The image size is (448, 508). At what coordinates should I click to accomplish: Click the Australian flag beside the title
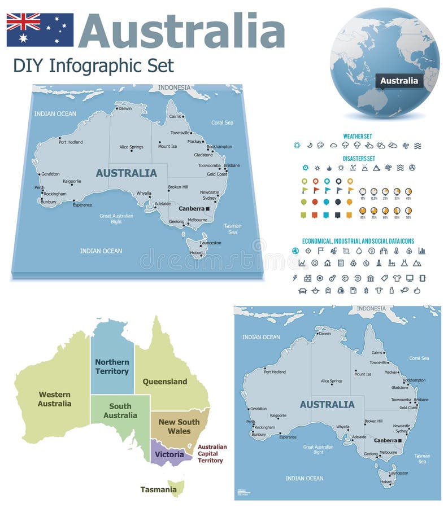(40, 29)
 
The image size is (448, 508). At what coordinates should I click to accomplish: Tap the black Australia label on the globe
(399, 81)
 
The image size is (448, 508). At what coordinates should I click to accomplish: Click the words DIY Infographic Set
(93, 65)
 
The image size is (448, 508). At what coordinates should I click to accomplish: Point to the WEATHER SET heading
(358, 136)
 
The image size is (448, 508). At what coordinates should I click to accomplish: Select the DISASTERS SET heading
(359, 159)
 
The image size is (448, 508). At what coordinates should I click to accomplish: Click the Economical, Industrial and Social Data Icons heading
(358, 241)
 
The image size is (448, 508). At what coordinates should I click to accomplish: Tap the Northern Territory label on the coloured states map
(112, 366)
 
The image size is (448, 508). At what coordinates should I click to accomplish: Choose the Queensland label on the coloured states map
(164, 382)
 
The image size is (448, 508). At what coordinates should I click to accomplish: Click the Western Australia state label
(54, 399)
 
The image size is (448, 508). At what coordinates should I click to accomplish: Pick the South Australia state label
(120, 410)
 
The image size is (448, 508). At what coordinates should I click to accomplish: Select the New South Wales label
(179, 427)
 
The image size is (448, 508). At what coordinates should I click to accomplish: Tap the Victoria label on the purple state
(169, 454)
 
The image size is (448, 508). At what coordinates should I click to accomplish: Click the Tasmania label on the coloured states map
(158, 489)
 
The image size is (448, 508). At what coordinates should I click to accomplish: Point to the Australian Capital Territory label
(212, 453)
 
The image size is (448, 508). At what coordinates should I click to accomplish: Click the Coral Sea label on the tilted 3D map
(222, 122)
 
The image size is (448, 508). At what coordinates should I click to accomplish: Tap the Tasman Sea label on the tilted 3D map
(232, 229)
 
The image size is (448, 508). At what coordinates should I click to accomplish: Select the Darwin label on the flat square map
(325, 334)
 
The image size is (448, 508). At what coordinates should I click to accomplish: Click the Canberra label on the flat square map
(386, 440)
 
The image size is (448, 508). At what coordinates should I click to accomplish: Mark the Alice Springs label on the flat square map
(332, 381)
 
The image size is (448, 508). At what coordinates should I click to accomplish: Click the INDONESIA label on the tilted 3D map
(175, 87)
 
